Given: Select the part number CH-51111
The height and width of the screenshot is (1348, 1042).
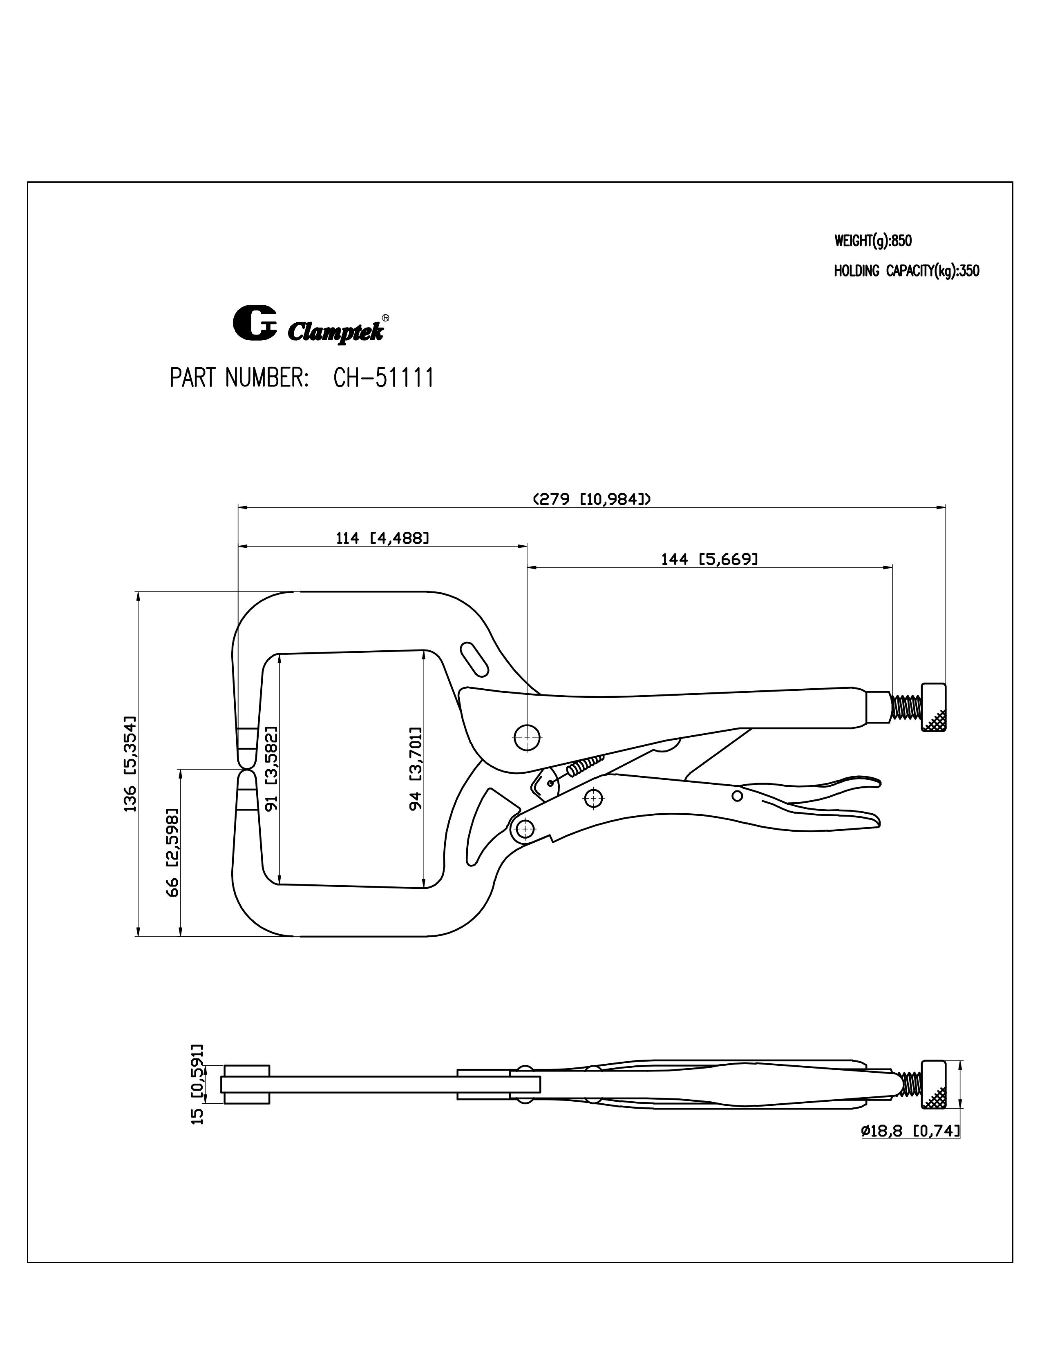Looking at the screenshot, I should (x=383, y=378).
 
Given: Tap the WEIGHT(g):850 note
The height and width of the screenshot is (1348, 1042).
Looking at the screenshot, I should (x=873, y=241).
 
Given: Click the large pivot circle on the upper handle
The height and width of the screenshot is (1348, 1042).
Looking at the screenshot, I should (x=527, y=736).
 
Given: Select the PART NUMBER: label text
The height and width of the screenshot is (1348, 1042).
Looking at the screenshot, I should (x=239, y=378).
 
